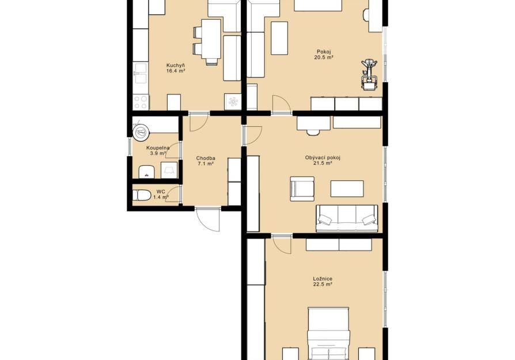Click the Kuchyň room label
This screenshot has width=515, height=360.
click(x=175, y=65)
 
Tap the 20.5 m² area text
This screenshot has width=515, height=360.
click(x=324, y=57)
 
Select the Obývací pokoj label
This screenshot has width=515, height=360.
click(x=323, y=158)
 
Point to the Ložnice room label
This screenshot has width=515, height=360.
click(x=323, y=279)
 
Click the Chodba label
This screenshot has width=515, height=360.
click(x=206, y=158)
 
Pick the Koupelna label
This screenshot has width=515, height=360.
click(x=158, y=148)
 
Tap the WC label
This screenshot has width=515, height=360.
click(x=161, y=191)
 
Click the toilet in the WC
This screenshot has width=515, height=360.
click(x=142, y=195)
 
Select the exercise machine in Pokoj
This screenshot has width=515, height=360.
click(x=369, y=74)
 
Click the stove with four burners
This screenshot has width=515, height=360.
click(x=141, y=102)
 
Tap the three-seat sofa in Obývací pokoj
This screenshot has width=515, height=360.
click(x=347, y=218)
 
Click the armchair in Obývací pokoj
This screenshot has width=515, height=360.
click(x=302, y=188)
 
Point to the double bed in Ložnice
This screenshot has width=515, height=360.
click(x=328, y=334)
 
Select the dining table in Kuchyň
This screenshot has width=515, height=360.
click(x=210, y=39)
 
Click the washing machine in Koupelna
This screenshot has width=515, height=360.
click(x=169, y=170)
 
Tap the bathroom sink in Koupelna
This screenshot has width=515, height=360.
click(x=147, y=172)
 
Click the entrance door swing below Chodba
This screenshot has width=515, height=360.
click(x=208, y=219)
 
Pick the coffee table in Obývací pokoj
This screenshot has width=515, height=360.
click(x=347, y=188)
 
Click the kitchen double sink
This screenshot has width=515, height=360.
click(x=141, y=73)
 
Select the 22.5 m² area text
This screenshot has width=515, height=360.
click(x=323, y=285)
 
